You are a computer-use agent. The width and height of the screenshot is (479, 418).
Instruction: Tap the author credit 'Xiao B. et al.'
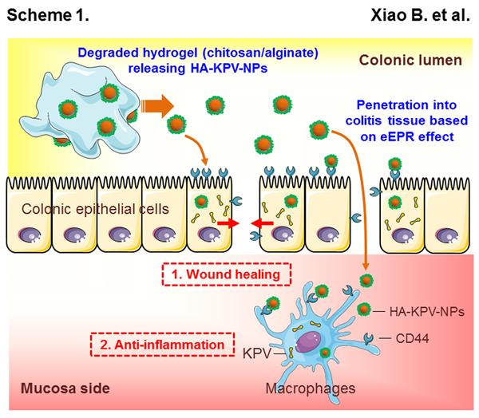point(427,14)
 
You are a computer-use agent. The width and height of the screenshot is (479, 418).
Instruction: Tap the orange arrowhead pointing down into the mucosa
point(366,268)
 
